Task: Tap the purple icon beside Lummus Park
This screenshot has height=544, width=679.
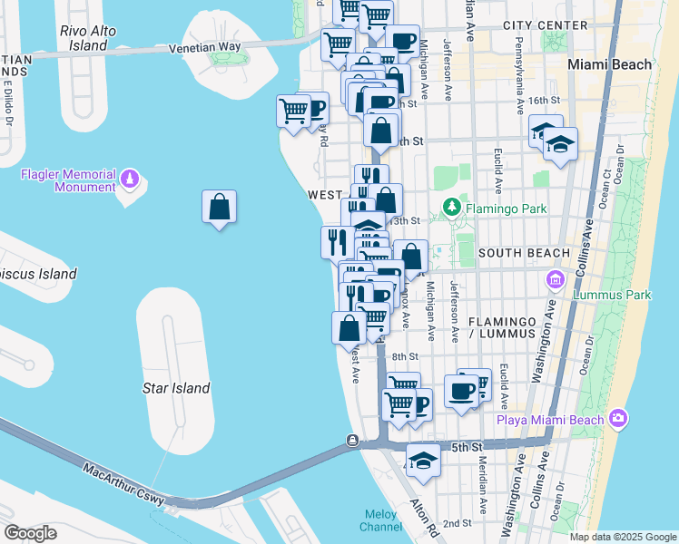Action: [554, 280]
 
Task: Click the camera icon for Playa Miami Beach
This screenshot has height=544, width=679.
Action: [618, 418]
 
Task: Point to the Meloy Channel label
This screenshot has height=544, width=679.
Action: [381, 520]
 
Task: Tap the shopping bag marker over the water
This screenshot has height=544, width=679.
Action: [220, 208]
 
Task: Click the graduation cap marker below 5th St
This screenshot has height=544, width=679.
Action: [422, 461]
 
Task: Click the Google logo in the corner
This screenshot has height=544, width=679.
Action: [30, 532]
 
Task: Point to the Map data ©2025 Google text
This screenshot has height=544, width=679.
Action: [622, 537]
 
